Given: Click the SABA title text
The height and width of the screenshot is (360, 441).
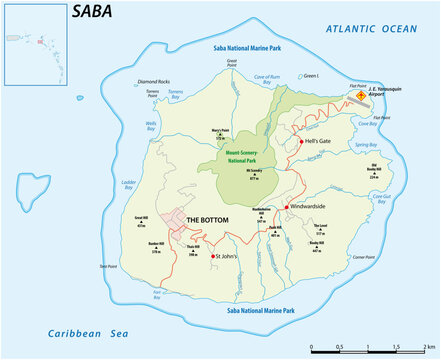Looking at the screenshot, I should click(x=93, y=12).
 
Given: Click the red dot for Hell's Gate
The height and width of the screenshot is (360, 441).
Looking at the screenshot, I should click(x=301, y=143).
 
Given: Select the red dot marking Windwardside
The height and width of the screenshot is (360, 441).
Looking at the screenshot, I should click(x=287, y=206).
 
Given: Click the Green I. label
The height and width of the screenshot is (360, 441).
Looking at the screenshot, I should click(x=311, y=75).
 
